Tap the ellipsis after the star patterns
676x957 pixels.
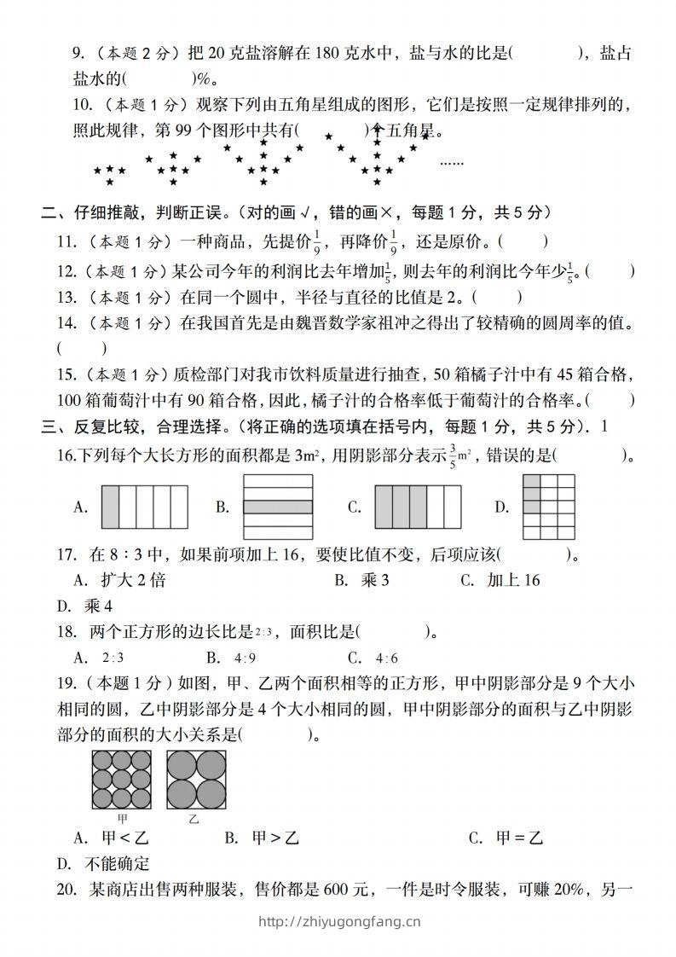(x=451, y=160)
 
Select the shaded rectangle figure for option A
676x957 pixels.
(x=145, y=507)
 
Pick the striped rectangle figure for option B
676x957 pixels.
(x=278, y=507)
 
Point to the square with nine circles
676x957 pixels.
(x=122, y=780)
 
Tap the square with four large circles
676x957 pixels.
(x=194, y=780)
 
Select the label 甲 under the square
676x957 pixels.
(x=123, y=819)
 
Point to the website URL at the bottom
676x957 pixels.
(x=338, y=920)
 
